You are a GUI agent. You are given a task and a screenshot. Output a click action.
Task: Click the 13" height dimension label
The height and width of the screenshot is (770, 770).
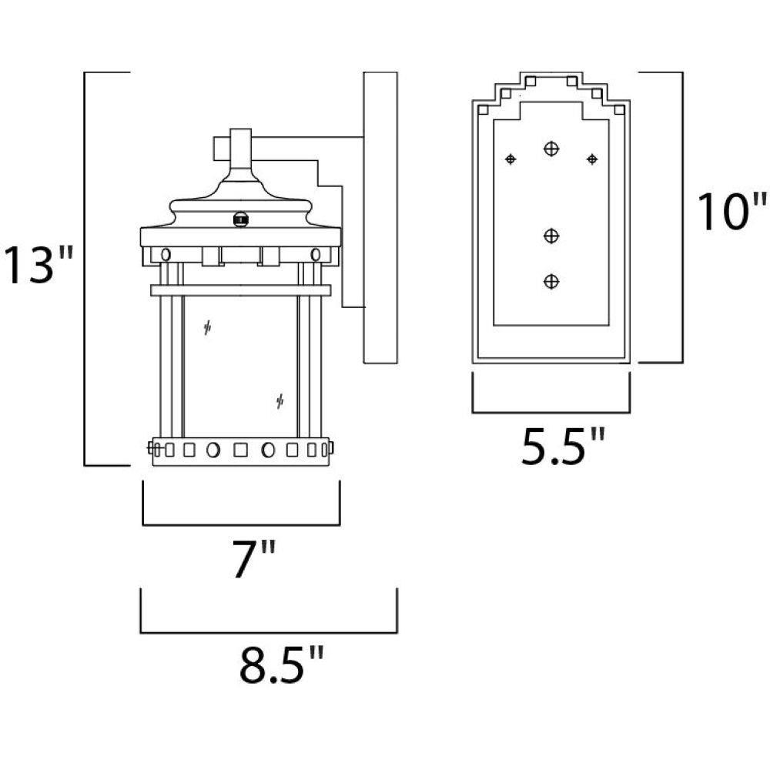pyautogui.click(x=38, y=265)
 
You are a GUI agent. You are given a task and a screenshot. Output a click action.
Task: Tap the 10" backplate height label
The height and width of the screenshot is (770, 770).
pyautogui.click(x=731, y=212)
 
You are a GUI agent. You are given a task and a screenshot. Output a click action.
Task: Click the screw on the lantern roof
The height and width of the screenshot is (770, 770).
pyautogui.click(x=240, y=219)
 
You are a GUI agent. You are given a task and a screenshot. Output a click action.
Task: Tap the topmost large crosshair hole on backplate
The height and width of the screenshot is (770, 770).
pyautogui.click(x=551, y=148)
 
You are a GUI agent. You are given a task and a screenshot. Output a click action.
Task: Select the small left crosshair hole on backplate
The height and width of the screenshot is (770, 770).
pyautogui.click(x=511, y=159)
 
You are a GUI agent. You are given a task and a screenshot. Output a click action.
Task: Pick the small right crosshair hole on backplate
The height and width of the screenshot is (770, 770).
pyautogui.click(x=592, y=159)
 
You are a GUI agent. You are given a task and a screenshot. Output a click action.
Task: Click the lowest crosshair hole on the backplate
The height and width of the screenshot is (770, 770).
pyautogui.click(x=551, y=281)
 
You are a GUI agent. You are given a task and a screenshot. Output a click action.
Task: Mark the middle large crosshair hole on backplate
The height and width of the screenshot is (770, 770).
pyautogui.click(x=551, y=236)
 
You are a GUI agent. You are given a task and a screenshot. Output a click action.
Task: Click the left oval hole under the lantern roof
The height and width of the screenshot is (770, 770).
pyautogui.click(x=166, y=254)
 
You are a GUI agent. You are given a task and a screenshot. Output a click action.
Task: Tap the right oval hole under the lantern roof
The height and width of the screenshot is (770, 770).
pyautogui.click(x=316, y=254)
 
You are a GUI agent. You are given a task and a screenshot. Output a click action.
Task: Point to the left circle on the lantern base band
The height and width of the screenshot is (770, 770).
pyautogui.click(x=213, y=450)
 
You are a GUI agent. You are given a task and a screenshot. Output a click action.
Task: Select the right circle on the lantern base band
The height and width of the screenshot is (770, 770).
pyautogui.click(x=268, y=450)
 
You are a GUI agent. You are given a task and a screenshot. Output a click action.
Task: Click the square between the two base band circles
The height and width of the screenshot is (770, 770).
pyautogui.click(x=240, y=450)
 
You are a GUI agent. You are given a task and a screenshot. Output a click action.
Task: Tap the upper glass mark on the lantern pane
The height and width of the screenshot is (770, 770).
pyautogui.click(x=207, y=327)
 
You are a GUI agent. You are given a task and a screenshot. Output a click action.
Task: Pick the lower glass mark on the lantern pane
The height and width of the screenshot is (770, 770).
pyautogui.click(x=280, y=402)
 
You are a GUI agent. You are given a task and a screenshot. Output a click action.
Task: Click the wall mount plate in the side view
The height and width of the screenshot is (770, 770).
pyautogui.click(x=380, y=218)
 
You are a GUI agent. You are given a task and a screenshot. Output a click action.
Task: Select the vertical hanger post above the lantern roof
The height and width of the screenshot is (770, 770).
pyautogui.click(x=240, y=149)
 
